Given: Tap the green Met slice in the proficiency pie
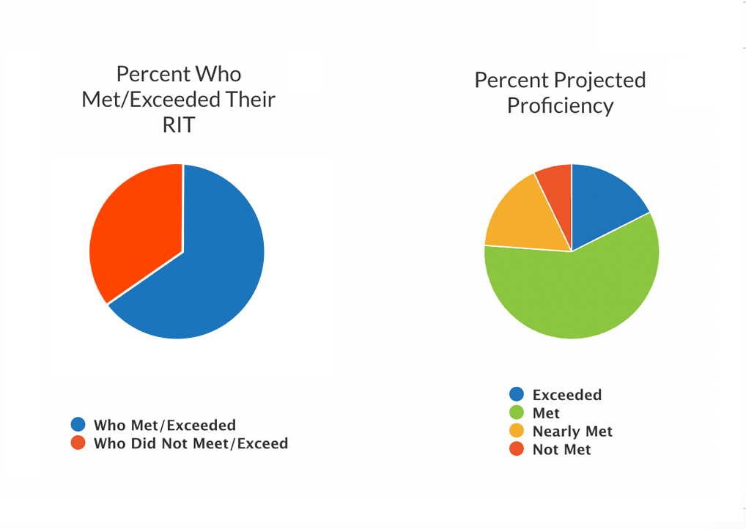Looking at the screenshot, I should (579, 293).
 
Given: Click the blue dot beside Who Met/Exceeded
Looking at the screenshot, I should (78, 424).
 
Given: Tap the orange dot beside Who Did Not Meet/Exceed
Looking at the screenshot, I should (78, 443).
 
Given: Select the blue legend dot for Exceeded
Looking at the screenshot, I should (517, 394).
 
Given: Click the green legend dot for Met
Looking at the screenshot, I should (517, 413).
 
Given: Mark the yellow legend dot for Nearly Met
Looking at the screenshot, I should (517, 431).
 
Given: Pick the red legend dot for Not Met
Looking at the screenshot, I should (517, 449).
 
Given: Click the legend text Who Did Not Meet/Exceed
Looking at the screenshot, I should (191, 443).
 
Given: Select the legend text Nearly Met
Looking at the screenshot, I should (572, 432).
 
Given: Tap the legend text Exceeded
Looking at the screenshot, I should (567, 395).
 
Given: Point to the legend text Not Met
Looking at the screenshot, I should (561, 450).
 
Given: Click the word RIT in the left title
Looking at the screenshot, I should (179, 125).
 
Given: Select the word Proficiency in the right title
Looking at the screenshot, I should (560, 106).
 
